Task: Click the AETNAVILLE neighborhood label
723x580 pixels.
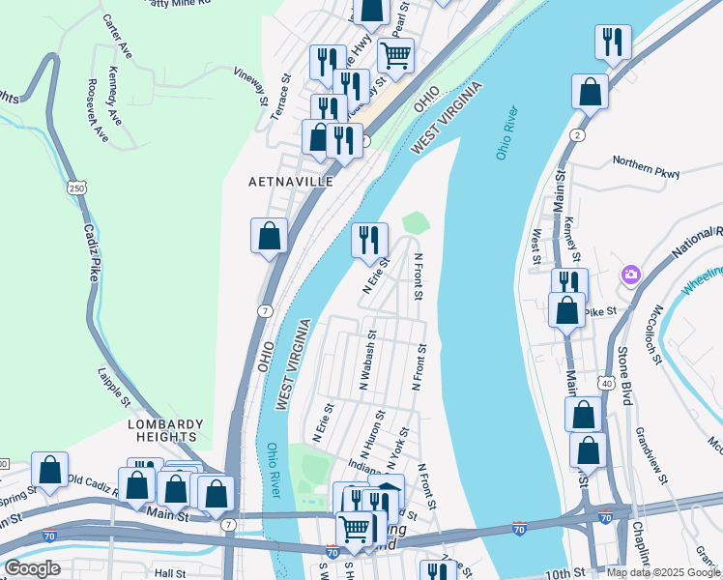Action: [x=291, y=182]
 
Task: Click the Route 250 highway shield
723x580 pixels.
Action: [x=75, y=188]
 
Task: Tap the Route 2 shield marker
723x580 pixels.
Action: [x=576, y=133]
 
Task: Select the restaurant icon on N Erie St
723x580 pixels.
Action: [x=369, y=240]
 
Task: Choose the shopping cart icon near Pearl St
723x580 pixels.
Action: [x=395, y=55]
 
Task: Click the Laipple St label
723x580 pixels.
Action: [x=114, y=385]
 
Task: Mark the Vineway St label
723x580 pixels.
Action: [x=250, y=84]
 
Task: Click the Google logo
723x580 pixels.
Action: [x=32, y=568]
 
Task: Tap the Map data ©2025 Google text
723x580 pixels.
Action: [x=663, y=572]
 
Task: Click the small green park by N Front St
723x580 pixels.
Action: [x=415, y=222]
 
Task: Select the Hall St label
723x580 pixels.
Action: [x=170, y=573]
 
